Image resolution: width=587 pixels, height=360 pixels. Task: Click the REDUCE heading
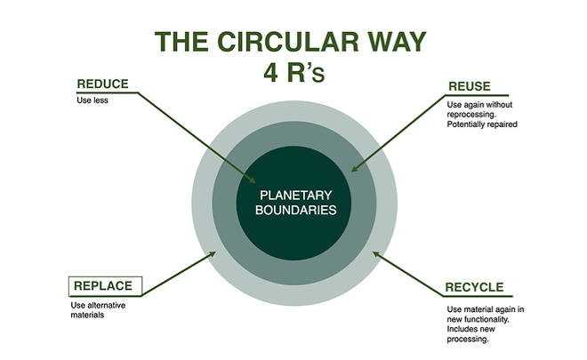(x=102, y=84)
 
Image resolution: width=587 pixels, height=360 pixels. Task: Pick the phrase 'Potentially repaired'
(x=481, y=124)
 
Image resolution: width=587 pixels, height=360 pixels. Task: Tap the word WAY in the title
(x=393, y=42)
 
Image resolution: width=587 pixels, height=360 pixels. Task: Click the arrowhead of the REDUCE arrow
(x=253, y=181)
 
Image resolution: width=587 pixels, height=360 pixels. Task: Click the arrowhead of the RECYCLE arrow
(x=374, y=253)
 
